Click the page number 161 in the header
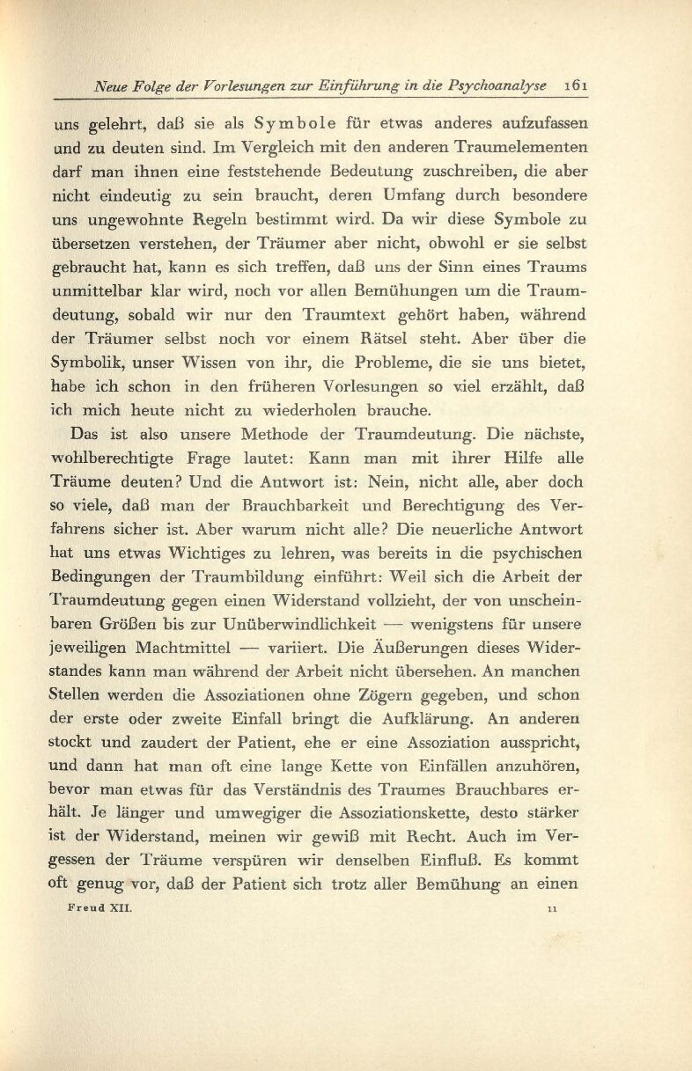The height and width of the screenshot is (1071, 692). [x=578, y=86]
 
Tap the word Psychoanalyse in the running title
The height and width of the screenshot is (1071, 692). [x=500, y=86]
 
